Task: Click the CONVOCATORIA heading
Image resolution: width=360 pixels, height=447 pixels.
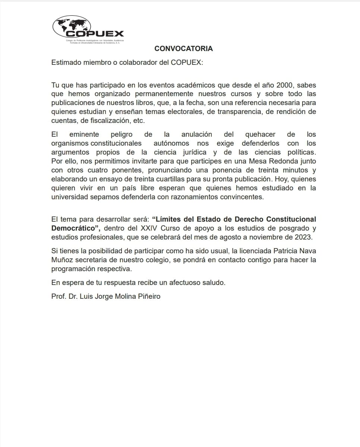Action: click(183, 49)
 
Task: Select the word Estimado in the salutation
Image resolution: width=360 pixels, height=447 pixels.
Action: click(66, 62)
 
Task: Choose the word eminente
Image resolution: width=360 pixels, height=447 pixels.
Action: click(84, 134)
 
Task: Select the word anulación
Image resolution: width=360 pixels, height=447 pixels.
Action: click(197, 134)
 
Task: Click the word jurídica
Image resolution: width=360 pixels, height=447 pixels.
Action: click(192, 152)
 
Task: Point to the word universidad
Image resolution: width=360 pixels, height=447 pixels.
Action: click(69, 197)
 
